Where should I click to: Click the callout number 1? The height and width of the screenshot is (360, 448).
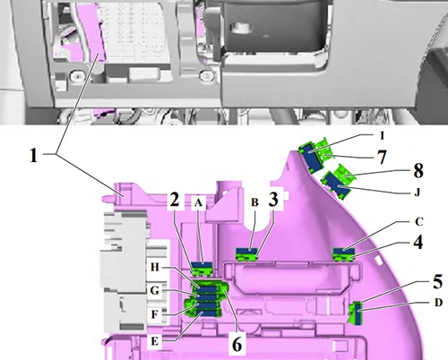point(34,155)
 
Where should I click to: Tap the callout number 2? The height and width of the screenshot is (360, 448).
point(175,199)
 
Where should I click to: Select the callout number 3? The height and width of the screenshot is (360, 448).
point(273,199)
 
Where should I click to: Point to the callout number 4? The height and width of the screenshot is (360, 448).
point(418,242)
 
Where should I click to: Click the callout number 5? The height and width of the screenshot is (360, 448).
point(437,281)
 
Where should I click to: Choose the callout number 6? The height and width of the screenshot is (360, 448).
point(237,344)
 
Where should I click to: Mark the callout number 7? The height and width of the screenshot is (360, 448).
point(383,157)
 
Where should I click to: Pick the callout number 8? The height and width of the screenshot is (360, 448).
point(418,171)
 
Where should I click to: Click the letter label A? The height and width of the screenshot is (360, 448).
point(198,202)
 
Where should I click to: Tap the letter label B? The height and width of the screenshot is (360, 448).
point(254,202)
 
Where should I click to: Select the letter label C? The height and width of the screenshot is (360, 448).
point(419,222)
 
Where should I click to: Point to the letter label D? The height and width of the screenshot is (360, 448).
point(438,303)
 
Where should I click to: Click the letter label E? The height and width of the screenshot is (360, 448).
point(154,341)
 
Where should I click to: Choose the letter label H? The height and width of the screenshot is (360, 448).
point(154,267)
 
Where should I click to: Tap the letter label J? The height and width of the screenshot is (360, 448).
point(418,193)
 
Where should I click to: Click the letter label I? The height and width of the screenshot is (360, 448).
point(382,136)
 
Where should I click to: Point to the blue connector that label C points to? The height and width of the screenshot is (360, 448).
point(344,251)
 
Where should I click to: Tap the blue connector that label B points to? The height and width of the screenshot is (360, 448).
point(246,251)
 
